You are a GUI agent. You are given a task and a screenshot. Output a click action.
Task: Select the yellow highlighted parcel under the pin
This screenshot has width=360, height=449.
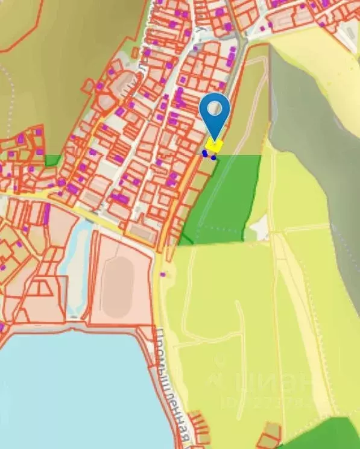214,145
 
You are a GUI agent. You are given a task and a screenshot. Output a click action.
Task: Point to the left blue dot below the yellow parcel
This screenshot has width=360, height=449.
205,154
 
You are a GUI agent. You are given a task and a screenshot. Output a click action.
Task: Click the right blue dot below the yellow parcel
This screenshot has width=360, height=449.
213,157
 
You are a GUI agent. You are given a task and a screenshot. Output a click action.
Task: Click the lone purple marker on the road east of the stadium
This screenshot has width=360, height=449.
162,275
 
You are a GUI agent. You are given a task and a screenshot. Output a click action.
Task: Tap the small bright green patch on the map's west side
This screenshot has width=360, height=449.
53,160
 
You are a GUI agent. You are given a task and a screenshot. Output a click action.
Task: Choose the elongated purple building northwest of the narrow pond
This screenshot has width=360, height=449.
46,213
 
